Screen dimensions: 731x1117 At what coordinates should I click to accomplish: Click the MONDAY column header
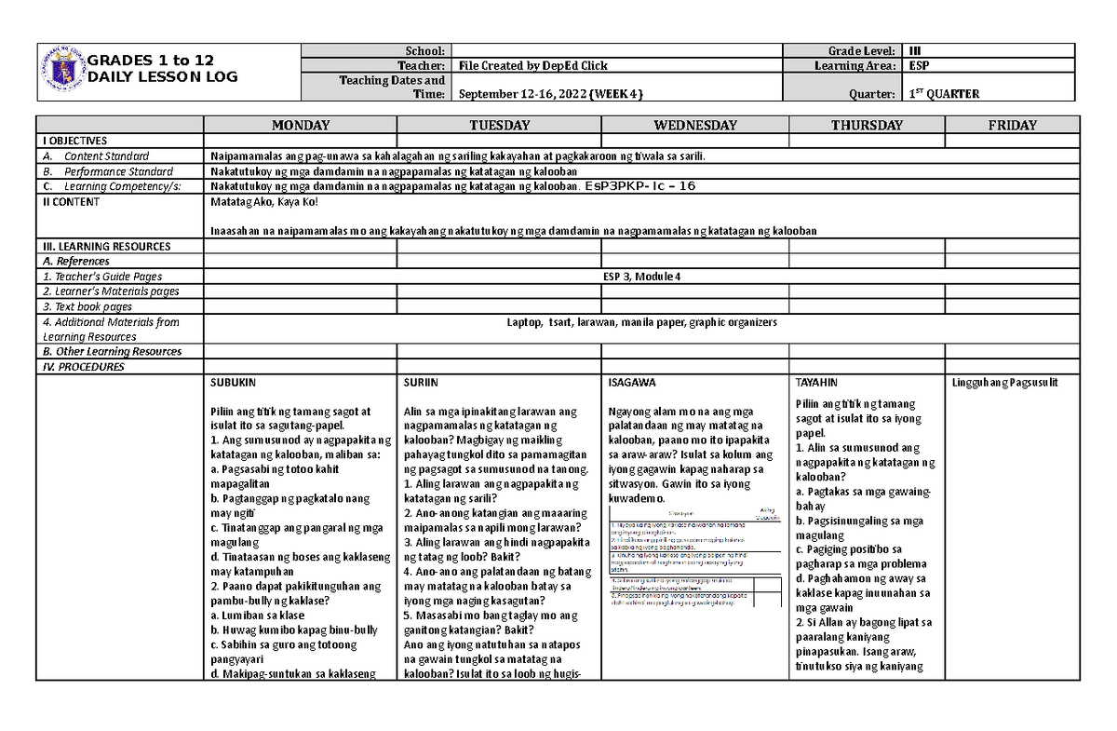click(x=300, y=125)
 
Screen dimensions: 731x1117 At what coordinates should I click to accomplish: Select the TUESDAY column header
click(x=500, y=125)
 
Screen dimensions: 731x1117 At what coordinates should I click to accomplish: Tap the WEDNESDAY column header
click(x=694, y=125)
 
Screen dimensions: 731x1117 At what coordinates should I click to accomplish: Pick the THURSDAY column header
click(x=867, y=125)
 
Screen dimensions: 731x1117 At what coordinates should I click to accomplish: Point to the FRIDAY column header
click(x=1013, y=125)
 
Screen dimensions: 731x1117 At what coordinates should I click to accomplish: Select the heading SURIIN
click(x=421, y=383)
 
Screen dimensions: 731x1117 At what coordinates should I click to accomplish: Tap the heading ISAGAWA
click(x=630, y=383)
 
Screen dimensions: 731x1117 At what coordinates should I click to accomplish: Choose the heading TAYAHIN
click(x=816, y=383)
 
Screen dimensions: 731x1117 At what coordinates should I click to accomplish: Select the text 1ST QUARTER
click(x=946, y=94)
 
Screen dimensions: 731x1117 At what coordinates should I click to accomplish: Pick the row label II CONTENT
click(x=71, y=201)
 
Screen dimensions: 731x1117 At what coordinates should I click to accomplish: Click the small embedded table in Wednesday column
click(x=693, y=560)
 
